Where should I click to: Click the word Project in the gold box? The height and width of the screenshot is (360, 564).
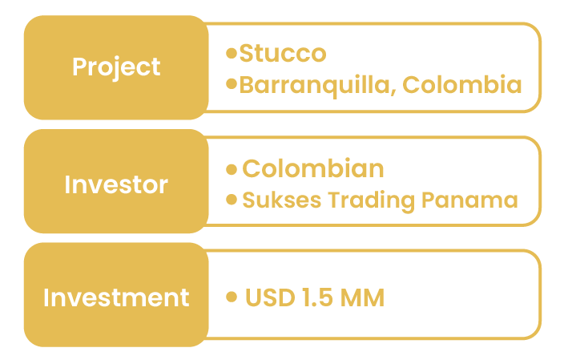(116, 68)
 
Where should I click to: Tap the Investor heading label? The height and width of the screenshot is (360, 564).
(116, 184)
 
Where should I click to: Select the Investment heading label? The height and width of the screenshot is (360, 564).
(116, 297)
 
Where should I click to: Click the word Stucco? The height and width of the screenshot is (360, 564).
(283, 53)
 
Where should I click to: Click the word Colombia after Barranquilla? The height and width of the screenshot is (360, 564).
(461, 85)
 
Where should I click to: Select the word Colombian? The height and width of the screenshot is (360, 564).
(313, 168)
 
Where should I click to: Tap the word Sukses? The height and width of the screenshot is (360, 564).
(282, 200)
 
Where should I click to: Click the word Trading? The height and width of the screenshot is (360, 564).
(371, 201)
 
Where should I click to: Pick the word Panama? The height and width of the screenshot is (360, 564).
(469, 200)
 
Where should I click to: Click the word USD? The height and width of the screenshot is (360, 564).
(270, 297)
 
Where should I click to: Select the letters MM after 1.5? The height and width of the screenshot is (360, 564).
(362, 297)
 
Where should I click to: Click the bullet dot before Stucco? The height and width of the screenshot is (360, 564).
(232, 53)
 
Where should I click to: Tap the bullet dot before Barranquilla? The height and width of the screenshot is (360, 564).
(232, 84)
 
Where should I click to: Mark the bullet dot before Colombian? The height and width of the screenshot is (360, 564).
(232, 169)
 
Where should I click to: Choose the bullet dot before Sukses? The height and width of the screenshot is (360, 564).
(232, 200)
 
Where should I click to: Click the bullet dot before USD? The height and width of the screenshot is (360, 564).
(232, 297)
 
